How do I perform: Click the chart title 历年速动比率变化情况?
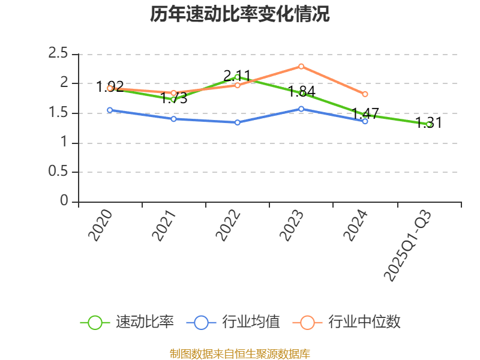(240, 14)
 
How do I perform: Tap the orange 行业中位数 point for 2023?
(301, 66)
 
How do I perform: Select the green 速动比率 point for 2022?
(237, 77)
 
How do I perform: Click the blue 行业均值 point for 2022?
(237, 122)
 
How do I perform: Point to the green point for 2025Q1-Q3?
(429, 124)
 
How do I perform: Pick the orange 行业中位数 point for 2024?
(365, 94)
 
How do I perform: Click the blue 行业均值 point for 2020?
(110, 110)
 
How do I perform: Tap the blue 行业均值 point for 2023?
(301, 109)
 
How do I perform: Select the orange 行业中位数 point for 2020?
(110, 88)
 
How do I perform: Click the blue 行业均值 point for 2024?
(365, 121)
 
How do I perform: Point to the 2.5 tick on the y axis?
(58, 54)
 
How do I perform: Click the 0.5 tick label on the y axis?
(58, 172)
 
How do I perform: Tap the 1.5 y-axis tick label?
(58, 113)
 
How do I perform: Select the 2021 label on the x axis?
(164, 226)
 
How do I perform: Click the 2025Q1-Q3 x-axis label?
(407, 246)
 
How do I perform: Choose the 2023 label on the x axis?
(292, 226)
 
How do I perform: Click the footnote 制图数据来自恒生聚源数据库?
(240, 354)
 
